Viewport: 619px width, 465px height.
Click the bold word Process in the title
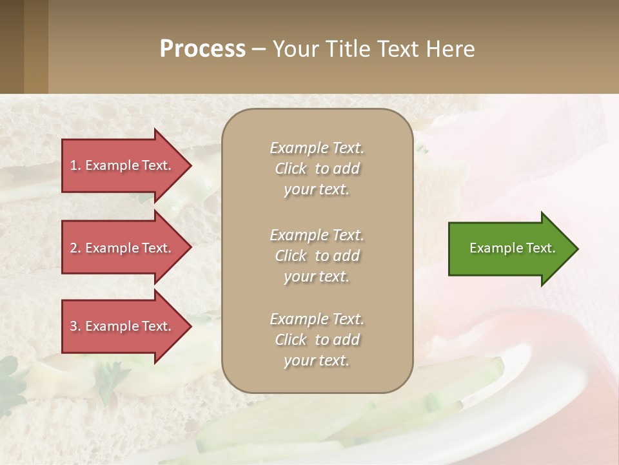[x=202, y=49]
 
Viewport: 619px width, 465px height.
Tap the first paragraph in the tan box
[x=317, y=169]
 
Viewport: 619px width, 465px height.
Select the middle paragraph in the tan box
[x=317, y=256]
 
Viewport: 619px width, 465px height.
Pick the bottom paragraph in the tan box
[x=317, y=340]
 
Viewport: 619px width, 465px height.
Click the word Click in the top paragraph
[x=291, y=169]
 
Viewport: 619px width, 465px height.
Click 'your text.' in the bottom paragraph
[x=317, y=360]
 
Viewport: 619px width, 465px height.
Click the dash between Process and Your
[x=259, y=49]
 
